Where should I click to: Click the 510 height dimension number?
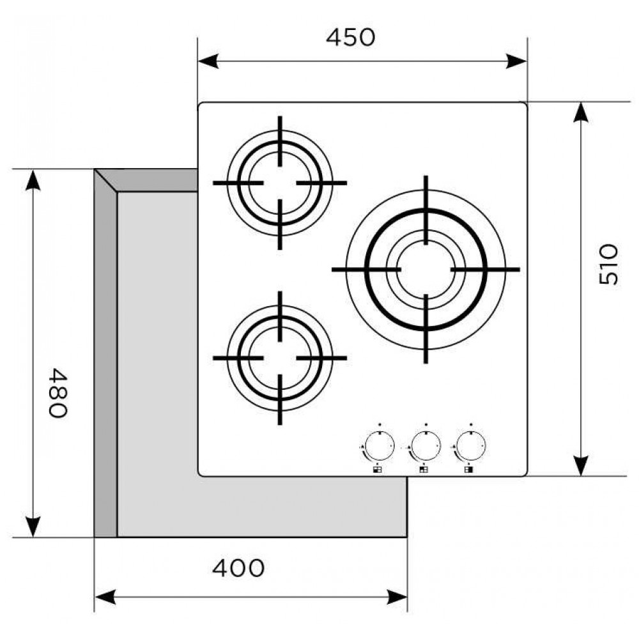coord(608,265)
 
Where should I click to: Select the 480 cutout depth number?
coord(57,392)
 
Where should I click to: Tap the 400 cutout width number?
coord(238,567)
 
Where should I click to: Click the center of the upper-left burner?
coord(280,183)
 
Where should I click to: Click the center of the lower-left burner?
coord(280,358)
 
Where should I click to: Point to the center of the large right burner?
coord(426,270)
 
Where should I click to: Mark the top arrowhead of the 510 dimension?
coord(581,112)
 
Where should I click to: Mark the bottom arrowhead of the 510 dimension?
coord(581,466)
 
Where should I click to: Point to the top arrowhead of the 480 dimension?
coord(32,181)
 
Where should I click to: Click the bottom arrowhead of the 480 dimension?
coord(32,527)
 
